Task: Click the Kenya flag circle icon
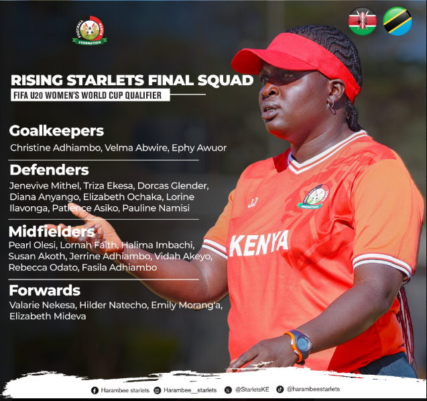pos(363,21)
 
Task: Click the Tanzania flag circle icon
pos(398,21)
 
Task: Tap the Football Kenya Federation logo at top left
pos(90,30)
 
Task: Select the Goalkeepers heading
pos(56,131)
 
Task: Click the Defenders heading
pos(50,170)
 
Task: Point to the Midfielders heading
pos(52,231)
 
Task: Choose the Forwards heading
pos(45,290)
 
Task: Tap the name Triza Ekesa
pos(108,185)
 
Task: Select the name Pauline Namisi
pos(156,208)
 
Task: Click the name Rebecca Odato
pos(43,267)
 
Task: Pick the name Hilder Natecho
pos(113,305)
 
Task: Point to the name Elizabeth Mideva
pos(48,316)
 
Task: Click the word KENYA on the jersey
pos(259,244)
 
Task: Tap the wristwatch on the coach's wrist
pos(300,345)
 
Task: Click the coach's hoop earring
pos(331,104)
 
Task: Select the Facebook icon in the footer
pos(95,391)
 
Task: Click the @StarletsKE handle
pos(252,390)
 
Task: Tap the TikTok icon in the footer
pos(280,390)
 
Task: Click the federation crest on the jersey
pos(314,197)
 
